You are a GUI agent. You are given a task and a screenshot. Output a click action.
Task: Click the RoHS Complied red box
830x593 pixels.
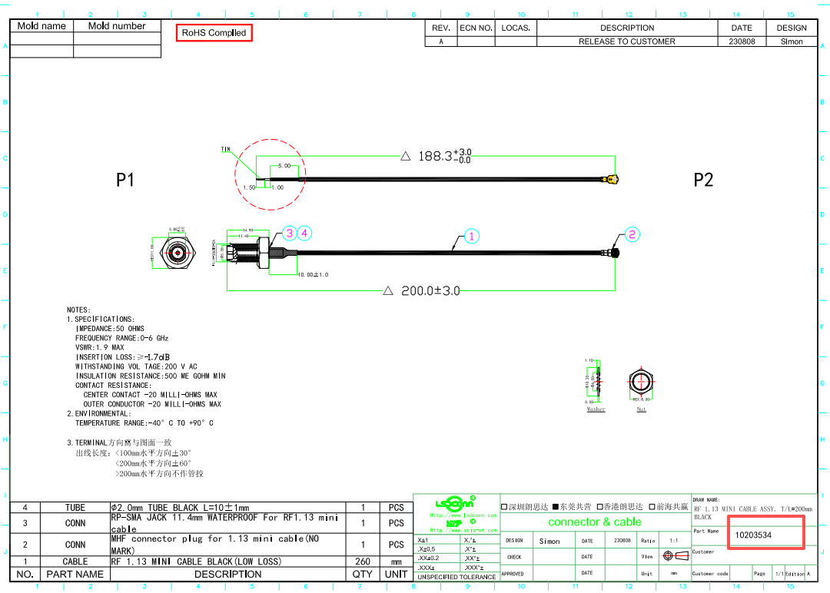(x=214, y=33)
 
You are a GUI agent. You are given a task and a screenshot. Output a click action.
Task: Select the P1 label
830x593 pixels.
(x=125, y=180)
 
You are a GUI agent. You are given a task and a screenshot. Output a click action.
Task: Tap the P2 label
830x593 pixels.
(x=703, y=180)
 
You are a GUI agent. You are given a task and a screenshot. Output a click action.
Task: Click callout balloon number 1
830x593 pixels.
(x=471, y=236)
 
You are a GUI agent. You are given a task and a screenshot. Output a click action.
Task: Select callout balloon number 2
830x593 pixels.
(x=632, y=234)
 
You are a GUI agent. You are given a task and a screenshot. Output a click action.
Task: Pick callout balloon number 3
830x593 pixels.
(x=289, y=233)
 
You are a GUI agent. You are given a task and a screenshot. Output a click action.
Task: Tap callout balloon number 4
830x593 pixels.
(x=304, y=233)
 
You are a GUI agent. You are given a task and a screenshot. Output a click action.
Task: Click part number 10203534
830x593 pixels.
(x=753, y=535)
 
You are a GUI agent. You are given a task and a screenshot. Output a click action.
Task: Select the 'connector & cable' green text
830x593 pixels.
(x=594, y=522)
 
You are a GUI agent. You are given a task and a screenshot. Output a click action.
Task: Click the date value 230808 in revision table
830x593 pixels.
(x=742, y=41)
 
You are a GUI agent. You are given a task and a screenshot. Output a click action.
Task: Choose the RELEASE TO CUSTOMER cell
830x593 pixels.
(x=626, y=41)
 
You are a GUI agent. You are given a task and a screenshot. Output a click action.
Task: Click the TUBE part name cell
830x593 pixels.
(x=75, y=508)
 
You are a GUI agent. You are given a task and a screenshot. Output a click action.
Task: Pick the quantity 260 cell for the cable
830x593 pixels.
(x=362, y=562)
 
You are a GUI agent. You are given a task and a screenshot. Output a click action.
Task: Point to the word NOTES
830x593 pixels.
(x=78, y=310)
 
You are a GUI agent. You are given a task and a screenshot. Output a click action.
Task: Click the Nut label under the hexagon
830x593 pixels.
(x=642, y=409)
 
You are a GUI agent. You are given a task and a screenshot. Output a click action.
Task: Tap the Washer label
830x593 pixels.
(x=596, y=409)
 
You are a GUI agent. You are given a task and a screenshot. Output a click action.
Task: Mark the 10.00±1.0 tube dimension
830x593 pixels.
(x=313, y=275)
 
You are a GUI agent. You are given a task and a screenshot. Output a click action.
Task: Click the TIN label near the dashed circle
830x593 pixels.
(x=226, y=150)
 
